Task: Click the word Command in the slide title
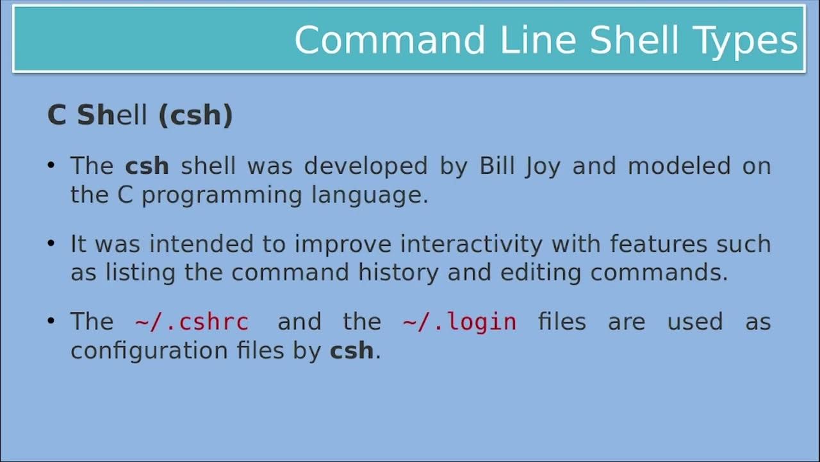tap(390, 40)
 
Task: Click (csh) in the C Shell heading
tap(195, 116)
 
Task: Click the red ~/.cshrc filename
tap(192, 321)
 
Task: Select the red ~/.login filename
tap(459, 321)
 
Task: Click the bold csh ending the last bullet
tap(352, 351)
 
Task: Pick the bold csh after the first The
tap(147, 166)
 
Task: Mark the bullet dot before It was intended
tap(51, 244)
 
